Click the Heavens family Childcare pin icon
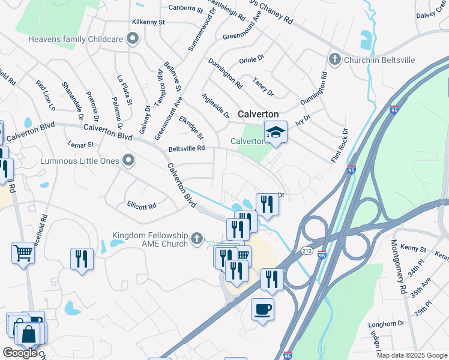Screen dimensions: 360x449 pos(133,40)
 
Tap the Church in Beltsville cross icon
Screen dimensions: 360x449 pos(334,59)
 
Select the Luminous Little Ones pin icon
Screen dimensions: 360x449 pos(127,160)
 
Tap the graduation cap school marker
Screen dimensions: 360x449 pos(276,132)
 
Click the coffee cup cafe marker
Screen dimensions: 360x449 pos(262,309)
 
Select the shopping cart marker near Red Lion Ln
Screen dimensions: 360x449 pos(23,253)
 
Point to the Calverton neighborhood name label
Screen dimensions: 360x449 pos(258,114)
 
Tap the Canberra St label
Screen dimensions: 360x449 pos(187,8)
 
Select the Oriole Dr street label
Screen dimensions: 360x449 pos(252,59)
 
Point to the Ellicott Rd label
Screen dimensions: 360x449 pos(142,205)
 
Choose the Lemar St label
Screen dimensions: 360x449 pos(82,145)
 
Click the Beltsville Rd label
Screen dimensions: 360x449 pos(187,148)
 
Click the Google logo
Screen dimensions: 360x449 pos(20,352)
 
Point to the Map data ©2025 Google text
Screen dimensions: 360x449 pos(411,355)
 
